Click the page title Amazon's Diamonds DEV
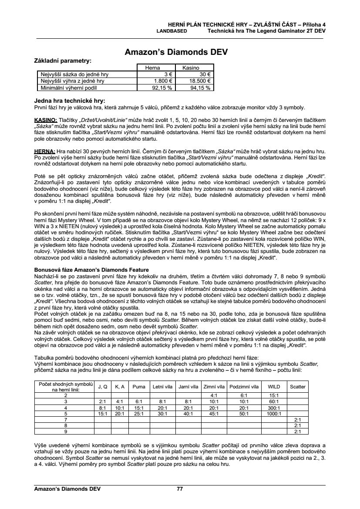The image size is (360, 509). [x=176, y=52]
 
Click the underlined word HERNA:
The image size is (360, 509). [x=44, y=150]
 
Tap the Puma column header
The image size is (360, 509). [x=139, y=387]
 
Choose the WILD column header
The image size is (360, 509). [x=274, y=387]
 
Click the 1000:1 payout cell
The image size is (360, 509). [x=274, y=414]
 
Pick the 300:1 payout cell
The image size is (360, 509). [x=274, y=408]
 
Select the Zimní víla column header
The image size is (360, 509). [x=214, y=387]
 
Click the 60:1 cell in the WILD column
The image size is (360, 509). [x=274, y=401]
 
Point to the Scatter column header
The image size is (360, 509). [x=298, y=387]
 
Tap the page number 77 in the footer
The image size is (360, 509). [x=180, y=489]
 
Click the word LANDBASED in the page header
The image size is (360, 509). [x=172, y=31]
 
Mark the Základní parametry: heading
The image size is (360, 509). [x=62, y=61]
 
